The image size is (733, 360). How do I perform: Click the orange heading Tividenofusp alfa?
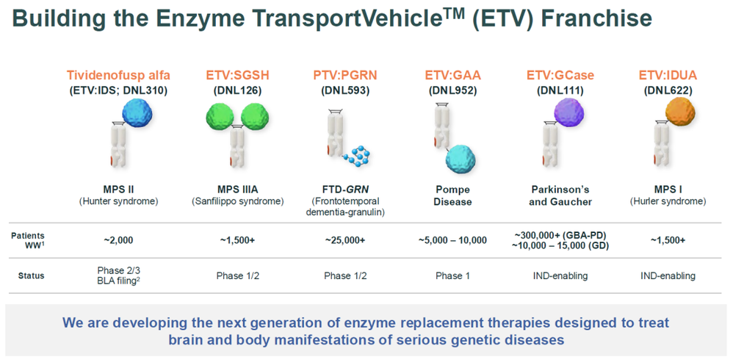point(119,75)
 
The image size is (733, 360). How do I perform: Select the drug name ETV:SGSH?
point(238,75)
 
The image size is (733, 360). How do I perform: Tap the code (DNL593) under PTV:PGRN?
point(345,90)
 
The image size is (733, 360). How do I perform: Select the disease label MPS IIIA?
point(238,190)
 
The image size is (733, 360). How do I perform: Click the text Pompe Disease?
point(453,196)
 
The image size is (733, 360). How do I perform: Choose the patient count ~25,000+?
point(345,240)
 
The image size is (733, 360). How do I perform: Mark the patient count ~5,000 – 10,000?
point(453,240)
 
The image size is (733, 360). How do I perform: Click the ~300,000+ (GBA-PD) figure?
point(561,234)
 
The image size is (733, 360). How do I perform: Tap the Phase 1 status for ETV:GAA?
point(453,276)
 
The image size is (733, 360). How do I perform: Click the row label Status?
point(32,276)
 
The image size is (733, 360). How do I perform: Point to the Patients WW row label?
point(28,240)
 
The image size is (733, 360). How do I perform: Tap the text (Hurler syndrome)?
point(668,201)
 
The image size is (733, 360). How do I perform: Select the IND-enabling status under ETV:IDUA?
point(668,276)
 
